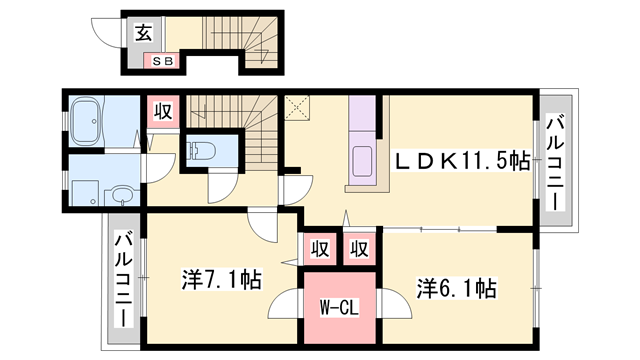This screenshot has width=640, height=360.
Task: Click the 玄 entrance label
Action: [x=143, y=33]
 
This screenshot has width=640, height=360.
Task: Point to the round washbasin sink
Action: [x=122, y=196]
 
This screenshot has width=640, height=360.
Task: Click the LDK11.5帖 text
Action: [x=460, y=160]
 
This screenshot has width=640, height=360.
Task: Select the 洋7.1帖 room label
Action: [x=222, y=280]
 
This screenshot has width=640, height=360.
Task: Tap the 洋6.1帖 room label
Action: [x=456, y=289]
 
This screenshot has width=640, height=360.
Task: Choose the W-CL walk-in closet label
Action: [x=339, y=308]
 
